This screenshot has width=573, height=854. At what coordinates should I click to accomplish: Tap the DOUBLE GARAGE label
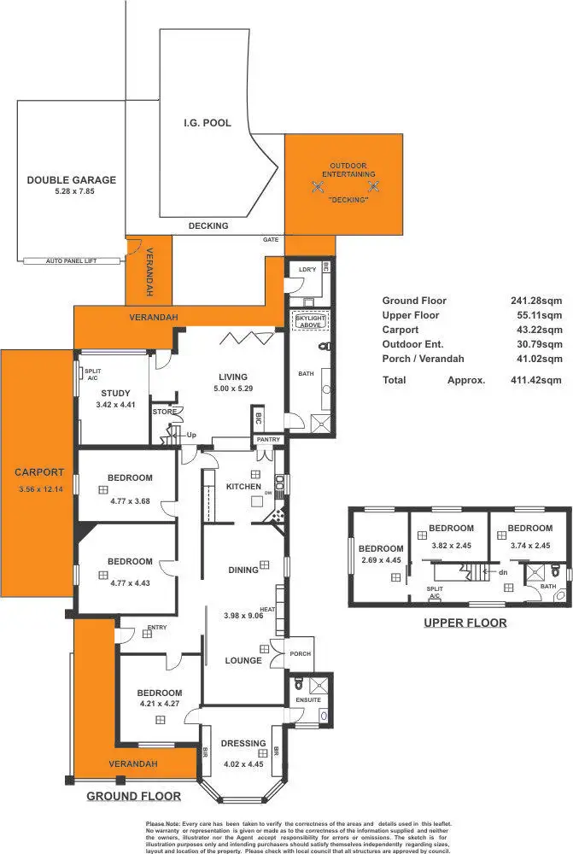pos(71,180)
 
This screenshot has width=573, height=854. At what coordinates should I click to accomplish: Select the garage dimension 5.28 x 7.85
pos(71,192)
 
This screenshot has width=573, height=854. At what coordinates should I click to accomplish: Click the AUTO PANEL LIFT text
pos(73,261)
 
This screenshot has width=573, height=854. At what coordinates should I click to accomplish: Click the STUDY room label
pos(116,393)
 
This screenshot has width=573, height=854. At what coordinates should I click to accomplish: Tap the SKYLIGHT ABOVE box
pos(309,321)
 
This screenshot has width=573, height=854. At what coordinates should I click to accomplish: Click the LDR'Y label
pos(307,270)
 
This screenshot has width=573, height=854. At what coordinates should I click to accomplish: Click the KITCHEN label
pos(243,487)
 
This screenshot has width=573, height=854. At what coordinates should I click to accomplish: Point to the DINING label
pos(243,570)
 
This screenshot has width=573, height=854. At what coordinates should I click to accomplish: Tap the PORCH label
pos(300,654)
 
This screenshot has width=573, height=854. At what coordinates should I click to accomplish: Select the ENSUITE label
pos(308,699)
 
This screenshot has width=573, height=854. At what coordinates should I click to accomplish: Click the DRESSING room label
pos(243,743)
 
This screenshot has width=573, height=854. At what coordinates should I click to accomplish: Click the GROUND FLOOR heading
pos(134,796)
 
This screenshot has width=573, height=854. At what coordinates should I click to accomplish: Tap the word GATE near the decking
pos(271,241)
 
